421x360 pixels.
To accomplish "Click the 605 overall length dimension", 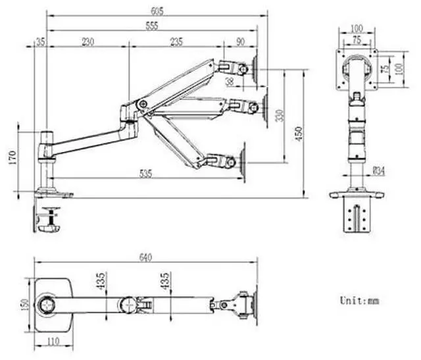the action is (157, 11).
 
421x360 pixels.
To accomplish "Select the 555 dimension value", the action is (152, 26).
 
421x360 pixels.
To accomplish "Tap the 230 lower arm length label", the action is (87, 42).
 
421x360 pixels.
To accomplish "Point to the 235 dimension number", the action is (176, 42).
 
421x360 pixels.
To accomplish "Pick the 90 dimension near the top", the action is (241, 42).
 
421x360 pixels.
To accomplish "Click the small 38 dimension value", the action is (230, 82).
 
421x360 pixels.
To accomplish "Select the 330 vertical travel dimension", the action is (280, 116).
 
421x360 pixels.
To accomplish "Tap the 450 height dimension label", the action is (299, 134).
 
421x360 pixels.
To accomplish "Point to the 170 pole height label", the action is (12, 158).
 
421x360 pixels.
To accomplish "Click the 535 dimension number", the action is (146, 174).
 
